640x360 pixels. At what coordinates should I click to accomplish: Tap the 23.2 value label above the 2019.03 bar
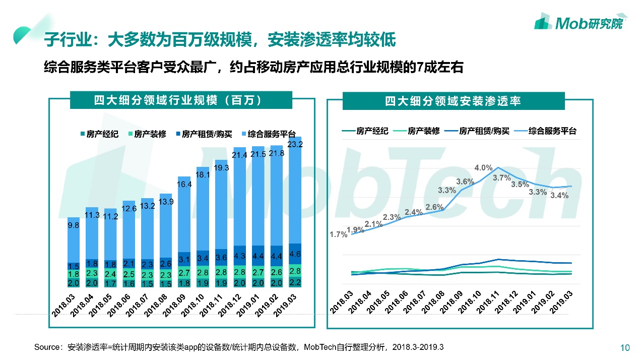click(295, 144)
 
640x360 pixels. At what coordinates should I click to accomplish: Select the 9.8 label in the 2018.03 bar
click(74, 225)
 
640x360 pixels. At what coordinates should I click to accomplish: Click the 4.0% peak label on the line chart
click(483, 168)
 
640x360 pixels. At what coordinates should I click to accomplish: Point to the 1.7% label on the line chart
click(339, 234)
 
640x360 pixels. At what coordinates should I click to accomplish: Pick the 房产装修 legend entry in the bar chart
click(147, 134)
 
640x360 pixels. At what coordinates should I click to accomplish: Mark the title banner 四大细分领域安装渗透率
click(453, 101)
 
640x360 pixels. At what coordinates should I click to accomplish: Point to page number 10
click(624, 347)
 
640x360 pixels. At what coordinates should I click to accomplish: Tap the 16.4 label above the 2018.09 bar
click(185, 185)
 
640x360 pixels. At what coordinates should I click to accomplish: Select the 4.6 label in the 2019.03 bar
click(295, 254)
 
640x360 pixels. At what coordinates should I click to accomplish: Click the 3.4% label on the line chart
click(559, 196)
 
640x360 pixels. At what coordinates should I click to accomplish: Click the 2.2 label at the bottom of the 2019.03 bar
click(295, 282)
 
